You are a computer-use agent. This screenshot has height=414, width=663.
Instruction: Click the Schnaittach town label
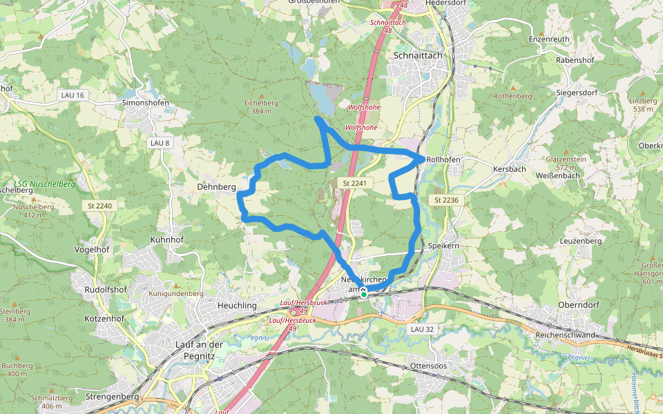(416, 55)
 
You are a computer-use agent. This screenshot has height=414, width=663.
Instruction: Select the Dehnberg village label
(216, 187)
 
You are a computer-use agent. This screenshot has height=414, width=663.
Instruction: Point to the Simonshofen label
(145, 102)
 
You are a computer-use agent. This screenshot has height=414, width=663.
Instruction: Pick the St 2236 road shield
(447, 200)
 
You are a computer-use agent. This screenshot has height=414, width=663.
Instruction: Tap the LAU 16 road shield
(72, 95)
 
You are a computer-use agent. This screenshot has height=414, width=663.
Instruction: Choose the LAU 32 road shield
(422, 329)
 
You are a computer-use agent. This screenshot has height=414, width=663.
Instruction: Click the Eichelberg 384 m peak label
(261, 107)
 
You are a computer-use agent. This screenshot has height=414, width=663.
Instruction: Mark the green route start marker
(364, 294)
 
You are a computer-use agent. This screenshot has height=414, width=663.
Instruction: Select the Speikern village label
(443, 246)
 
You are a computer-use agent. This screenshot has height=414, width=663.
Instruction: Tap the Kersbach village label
(510, 169)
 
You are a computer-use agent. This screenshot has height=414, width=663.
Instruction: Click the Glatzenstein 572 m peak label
(566, 163)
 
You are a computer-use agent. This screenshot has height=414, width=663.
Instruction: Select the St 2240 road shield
(100, 206)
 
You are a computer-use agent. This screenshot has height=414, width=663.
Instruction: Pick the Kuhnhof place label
(167, 240)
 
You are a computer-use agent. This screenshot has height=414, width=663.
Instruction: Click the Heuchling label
(237, 306)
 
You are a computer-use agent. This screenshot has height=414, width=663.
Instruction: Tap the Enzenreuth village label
(549, 39)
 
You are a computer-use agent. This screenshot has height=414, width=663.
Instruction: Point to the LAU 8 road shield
(159, 143)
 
